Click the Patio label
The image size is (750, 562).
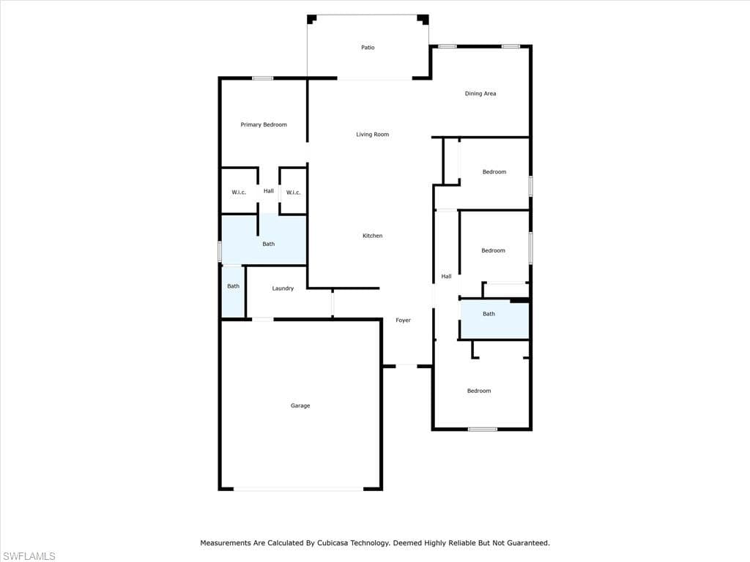[368, 48]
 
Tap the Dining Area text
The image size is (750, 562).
[480, 94]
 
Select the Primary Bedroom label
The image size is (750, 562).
[264, 124]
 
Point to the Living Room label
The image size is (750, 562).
[372, 135]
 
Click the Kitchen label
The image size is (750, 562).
[372, 236]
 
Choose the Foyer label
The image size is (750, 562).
[403, 321]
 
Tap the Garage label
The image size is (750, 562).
[300, 405]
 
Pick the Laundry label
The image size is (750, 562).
[283, 288]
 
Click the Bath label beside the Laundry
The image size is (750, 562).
[233, 286]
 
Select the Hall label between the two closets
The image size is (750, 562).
[268, 191]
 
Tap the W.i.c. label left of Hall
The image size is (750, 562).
[239, 192]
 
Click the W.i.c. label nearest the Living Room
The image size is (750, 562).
[293, 192]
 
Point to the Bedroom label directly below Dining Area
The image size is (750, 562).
[494, 171]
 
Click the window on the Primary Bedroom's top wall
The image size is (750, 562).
[263, 78]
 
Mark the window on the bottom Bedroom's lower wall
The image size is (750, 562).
[482, 429]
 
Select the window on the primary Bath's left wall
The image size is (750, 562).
[220, 252]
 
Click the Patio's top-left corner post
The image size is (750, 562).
[311, 19]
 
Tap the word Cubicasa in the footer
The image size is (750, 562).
[332, 543]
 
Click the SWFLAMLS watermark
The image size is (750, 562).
[29, 556]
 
